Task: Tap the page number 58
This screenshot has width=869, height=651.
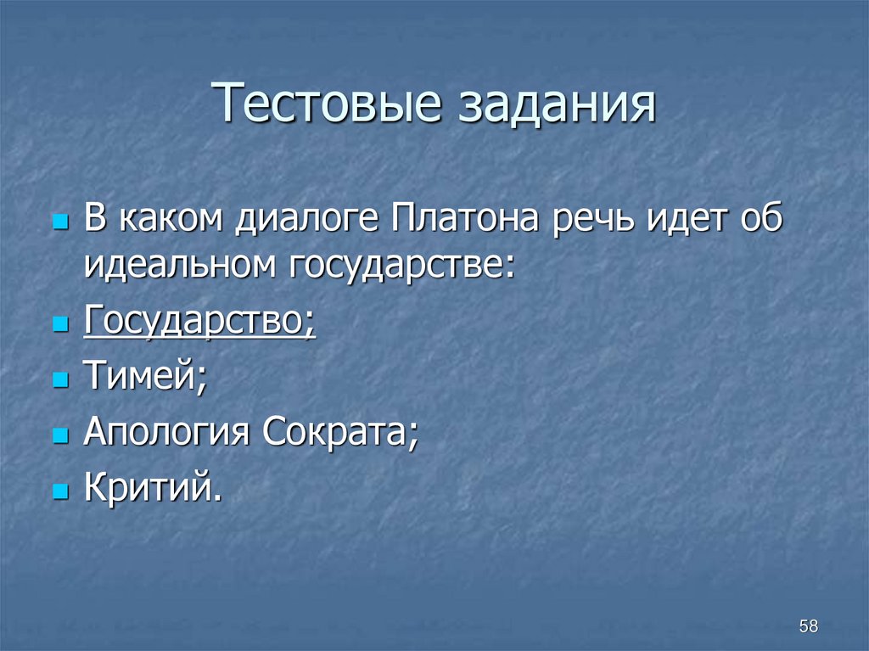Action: tap(808, 626)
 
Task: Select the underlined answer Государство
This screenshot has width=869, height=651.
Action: tap(199, 322)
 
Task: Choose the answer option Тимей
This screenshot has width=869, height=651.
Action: tap(145, 378)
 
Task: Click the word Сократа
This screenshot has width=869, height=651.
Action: tap(340, 434)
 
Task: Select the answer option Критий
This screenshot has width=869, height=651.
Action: tap(152, 490)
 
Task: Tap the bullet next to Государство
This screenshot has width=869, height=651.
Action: tap(59, 325)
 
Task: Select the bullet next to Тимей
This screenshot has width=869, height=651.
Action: tap(59, 381)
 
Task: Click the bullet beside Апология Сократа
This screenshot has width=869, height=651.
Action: tap(59, 437)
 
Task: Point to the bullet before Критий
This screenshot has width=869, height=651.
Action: tap(59, 493)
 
